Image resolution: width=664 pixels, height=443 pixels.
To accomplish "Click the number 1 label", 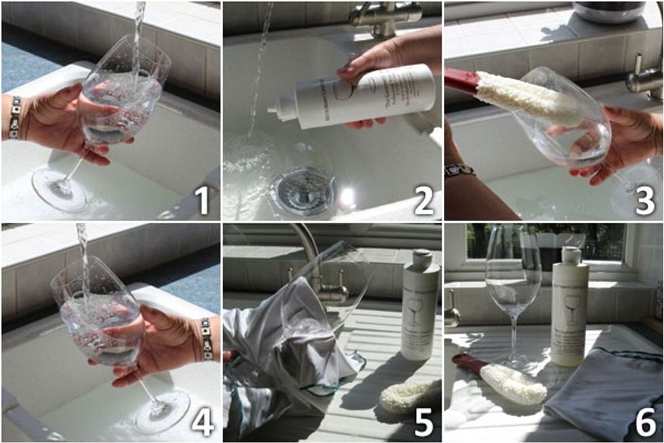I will point(201,201).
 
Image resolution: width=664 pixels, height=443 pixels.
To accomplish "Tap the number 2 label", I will point(423,201).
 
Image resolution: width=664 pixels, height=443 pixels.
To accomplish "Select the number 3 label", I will point(645,201).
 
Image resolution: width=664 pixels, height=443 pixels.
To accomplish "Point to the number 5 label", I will point(423,421).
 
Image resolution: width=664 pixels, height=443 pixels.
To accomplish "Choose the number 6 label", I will point(645,421).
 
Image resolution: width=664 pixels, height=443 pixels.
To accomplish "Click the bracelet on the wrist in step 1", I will point(14,117).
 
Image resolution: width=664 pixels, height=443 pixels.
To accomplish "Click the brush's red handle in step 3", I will point(461,80).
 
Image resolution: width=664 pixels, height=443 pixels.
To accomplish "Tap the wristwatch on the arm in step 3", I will point(459,170).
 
